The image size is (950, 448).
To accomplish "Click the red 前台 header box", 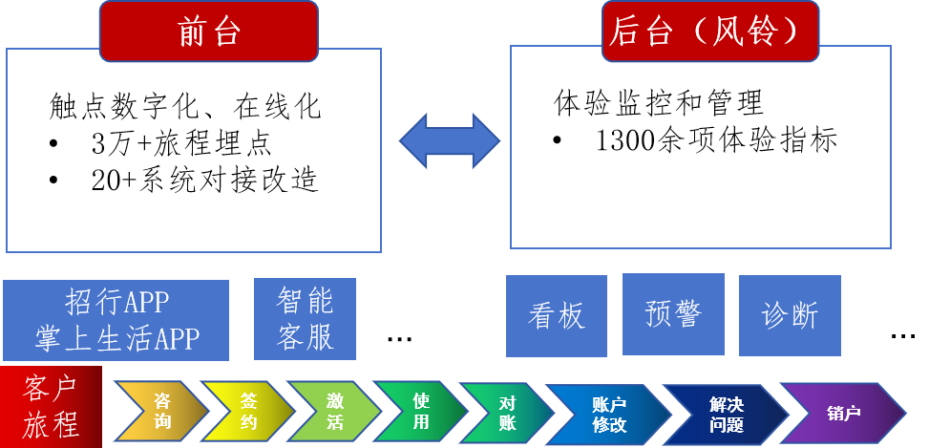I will [x=207, y=32].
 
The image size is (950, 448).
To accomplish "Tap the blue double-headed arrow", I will [x=449, y=140].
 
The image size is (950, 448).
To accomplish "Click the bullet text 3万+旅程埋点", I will [x=181, y=144].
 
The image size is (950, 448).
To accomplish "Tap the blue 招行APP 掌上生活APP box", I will [x=116, y=321].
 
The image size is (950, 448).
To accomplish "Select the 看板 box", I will [x=556, y=316].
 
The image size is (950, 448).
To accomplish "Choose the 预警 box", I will [x=673, y=314].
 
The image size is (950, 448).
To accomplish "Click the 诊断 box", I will [x=790, y=316].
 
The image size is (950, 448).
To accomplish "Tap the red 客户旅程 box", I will [x=52, y=406].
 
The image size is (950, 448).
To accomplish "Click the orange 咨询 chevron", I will [x=162, y=412].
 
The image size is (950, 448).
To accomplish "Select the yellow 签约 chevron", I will [x=247, y=412].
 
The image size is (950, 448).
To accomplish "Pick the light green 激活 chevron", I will [x=333, y=412].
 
